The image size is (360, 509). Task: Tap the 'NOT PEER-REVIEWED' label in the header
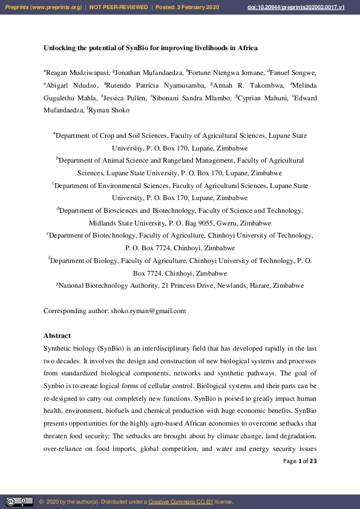pyautogui.click(x=119, y=7)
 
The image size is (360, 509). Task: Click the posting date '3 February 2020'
pyautogui.click(x=195, y=7)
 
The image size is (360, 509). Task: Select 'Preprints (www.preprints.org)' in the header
pyautogui.click(x=44, y=7)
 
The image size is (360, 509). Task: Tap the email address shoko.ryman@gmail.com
pyautogui.click(x=148, y=311)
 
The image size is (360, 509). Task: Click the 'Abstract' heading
pyautogui.click(x=57, y=336)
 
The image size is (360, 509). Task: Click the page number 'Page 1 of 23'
pyautogui.click(x=300, y=461)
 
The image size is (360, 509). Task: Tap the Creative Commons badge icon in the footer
pyautogui.click(x=19, y=501)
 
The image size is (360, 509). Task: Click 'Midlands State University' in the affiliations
pyautogui.click(x=124, y=223)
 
